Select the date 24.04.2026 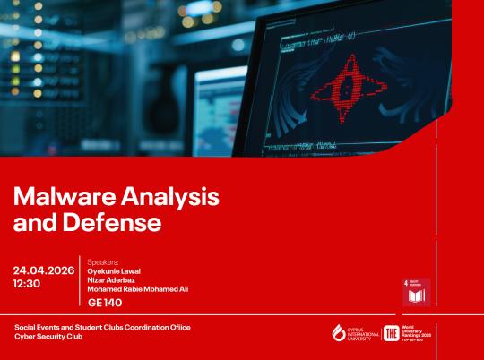(44, 270)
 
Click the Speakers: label (104, 261)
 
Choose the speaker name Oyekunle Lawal (114, 270)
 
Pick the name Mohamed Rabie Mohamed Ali (138, 289)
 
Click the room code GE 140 (106, 303)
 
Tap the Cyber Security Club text (49, 338)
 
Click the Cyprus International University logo (352, 333)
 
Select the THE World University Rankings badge (413, 333)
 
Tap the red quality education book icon (416, 291)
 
